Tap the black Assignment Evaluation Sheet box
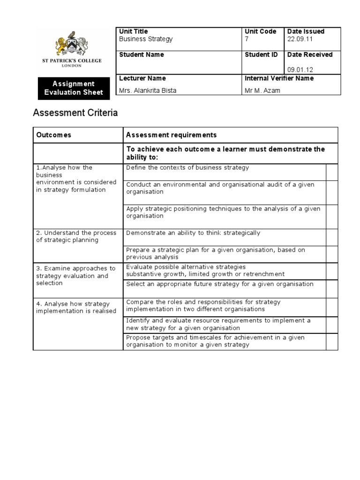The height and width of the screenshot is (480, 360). tap(74, 88)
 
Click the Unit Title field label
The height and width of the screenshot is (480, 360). tap(134, 31)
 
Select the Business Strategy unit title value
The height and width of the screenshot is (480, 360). tap(146, 39)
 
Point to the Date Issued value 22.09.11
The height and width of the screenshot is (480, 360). tap(300, 39)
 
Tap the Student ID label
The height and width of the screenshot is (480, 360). tap(261, 55)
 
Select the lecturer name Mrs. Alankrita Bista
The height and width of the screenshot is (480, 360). tap(148, 90)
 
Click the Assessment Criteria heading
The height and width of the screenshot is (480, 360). tap(75, 113)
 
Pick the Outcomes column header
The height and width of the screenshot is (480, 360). tap(54, 135)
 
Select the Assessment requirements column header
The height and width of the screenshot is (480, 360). tap(172, 135)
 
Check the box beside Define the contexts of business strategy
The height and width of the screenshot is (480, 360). tap(332, 172)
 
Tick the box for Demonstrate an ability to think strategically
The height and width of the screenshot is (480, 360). tap(332, 237)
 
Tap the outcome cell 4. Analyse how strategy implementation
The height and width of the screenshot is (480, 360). tap(76, 307)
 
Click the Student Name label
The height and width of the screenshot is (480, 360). tap(142, 55)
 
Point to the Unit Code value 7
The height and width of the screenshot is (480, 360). tap(247, 39)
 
